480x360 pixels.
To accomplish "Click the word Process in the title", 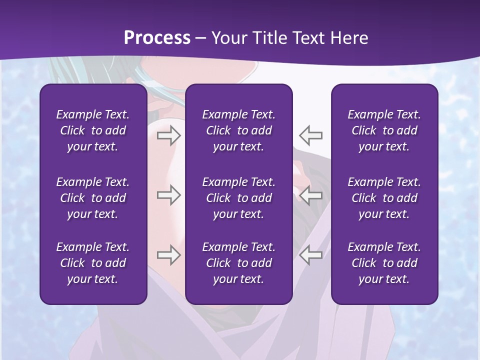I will [157, 38].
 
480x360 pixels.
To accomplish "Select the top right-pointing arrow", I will [168, 135].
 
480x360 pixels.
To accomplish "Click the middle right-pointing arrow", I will [168, 195].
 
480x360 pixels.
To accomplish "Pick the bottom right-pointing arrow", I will [168, 254].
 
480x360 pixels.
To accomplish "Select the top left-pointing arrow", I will [311, 135].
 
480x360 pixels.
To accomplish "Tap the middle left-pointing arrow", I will [311, 195].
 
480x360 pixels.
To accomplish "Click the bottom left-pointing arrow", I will [311, 254].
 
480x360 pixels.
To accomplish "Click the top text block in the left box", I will [93, 130].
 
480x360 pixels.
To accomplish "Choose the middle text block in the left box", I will [93, 198].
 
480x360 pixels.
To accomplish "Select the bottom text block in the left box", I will [93, 263].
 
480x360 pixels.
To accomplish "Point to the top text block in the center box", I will [239, 130].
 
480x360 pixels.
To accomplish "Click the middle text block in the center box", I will [239, 198].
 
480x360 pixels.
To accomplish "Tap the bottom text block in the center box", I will [239, 263].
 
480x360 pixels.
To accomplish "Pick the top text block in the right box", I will [384, 130].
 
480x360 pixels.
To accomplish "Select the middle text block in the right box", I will [384, 198].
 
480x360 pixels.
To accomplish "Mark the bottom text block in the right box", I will [384, 263].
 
